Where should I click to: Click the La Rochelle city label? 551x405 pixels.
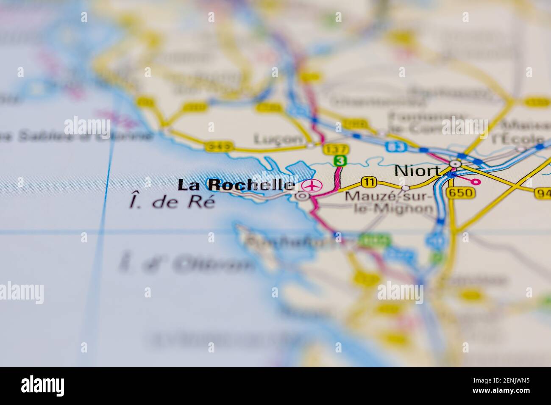[x=236, y=185]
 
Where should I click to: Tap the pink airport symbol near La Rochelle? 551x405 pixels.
[x=312, y=185]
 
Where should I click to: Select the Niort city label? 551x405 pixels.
[x=417, y=170]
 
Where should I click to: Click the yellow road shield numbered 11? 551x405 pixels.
[x=369, y=182]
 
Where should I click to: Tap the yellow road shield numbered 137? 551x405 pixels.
[x=335, y=150]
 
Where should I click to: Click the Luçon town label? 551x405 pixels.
[x=278, y=139]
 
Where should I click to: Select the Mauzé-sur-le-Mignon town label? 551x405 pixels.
[x=389, y=202]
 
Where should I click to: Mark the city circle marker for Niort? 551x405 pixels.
[x=456, y=164]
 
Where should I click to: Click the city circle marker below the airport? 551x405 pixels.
[x=302, y=196]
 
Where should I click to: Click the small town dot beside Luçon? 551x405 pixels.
[x=311, y=145]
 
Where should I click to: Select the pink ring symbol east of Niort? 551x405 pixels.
[x=476, y=182]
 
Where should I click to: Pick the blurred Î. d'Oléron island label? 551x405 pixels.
[x=186, y=264]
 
